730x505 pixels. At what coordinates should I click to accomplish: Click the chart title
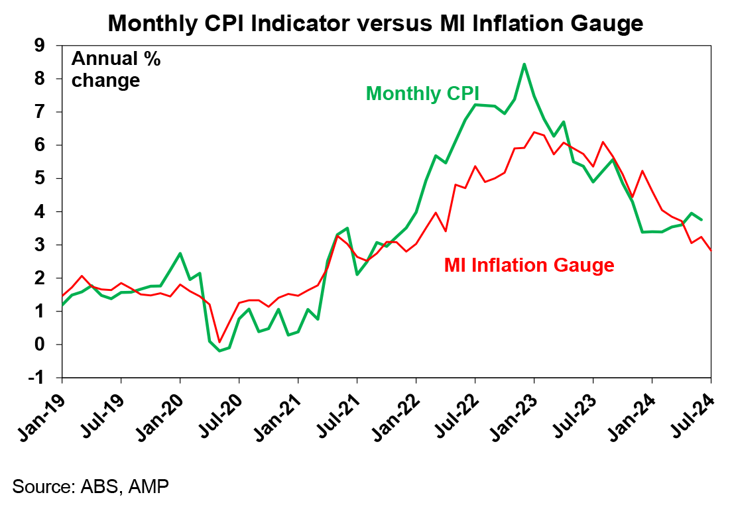(375, 23)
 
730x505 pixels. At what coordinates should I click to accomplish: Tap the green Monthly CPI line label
(422, 93)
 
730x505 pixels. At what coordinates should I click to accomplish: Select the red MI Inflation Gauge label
(529, 265)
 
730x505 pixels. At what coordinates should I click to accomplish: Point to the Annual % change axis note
(116, 70)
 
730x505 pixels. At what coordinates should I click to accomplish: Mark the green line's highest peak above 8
(524, 64)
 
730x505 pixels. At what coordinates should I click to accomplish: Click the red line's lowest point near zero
(219, 341)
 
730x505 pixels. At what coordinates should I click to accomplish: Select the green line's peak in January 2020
(180, 253)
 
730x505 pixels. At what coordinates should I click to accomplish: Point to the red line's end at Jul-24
(711, 251)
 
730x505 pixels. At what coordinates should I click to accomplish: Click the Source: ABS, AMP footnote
(90, 486)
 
